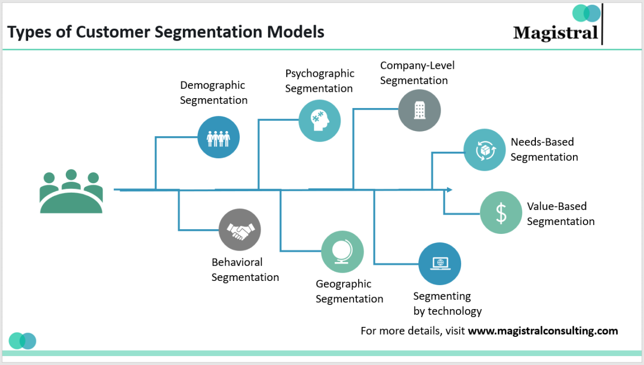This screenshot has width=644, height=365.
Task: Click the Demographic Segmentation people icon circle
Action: click(218, 137)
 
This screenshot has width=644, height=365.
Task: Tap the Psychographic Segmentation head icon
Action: click(320, 121)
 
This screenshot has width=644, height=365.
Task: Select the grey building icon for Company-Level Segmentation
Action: click(419, 110)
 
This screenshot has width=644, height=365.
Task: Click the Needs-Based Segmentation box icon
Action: click(485, 150)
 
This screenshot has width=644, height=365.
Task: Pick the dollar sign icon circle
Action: click(501, 213)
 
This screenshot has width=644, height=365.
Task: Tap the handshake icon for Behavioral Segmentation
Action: click(240, 230)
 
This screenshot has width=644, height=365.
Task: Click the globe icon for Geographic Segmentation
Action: click(342, 252)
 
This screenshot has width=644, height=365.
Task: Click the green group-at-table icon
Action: click(71, 192)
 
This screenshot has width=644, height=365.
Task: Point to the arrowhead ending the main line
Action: click(449, 190)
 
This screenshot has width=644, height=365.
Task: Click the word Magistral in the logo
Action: click(555, 33)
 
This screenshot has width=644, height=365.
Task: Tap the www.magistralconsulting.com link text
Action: click(543, 331)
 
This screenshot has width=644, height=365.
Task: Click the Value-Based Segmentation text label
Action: click(560, 214)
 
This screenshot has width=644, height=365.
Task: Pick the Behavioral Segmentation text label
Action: click(245, 269)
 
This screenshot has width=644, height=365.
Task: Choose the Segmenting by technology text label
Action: click(447, 303)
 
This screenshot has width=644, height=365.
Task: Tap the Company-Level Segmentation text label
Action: click(417, 73)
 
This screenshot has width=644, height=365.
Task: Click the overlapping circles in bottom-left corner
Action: click(22, 340)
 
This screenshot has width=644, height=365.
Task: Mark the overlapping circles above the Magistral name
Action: click(587, 13)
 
